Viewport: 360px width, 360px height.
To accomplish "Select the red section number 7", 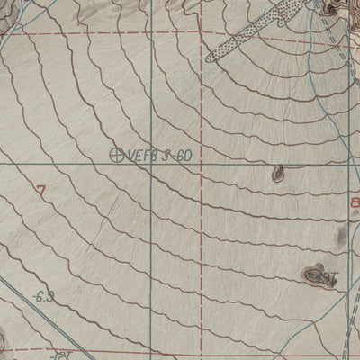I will (40, 189).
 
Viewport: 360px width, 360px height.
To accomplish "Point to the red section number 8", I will (354, 204).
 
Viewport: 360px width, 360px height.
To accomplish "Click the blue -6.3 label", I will (42, 295).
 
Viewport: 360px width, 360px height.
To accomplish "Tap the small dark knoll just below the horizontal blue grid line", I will (277, 175).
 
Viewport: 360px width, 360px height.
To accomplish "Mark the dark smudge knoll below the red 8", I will (340, 237).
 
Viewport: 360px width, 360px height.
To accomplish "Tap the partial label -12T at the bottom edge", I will (59, 355).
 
